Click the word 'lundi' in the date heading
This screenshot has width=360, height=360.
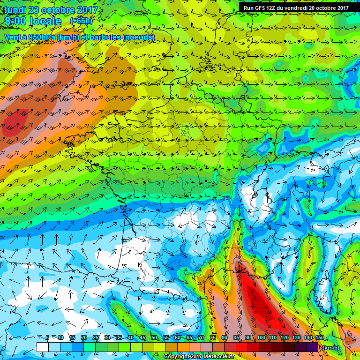tap(15, 10)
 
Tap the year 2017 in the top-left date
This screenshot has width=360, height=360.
tap(86, 10)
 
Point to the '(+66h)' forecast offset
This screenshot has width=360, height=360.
tap(81, 21)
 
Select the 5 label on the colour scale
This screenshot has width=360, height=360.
tap(47, 338)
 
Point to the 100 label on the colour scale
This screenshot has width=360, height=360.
tap(261, 338)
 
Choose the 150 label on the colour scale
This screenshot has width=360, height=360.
tap(319, 338)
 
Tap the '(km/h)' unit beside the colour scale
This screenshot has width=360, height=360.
tap(331, 347)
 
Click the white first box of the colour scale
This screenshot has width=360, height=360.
tap(42, 347)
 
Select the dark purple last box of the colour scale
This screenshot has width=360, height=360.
tap(313, 347)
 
